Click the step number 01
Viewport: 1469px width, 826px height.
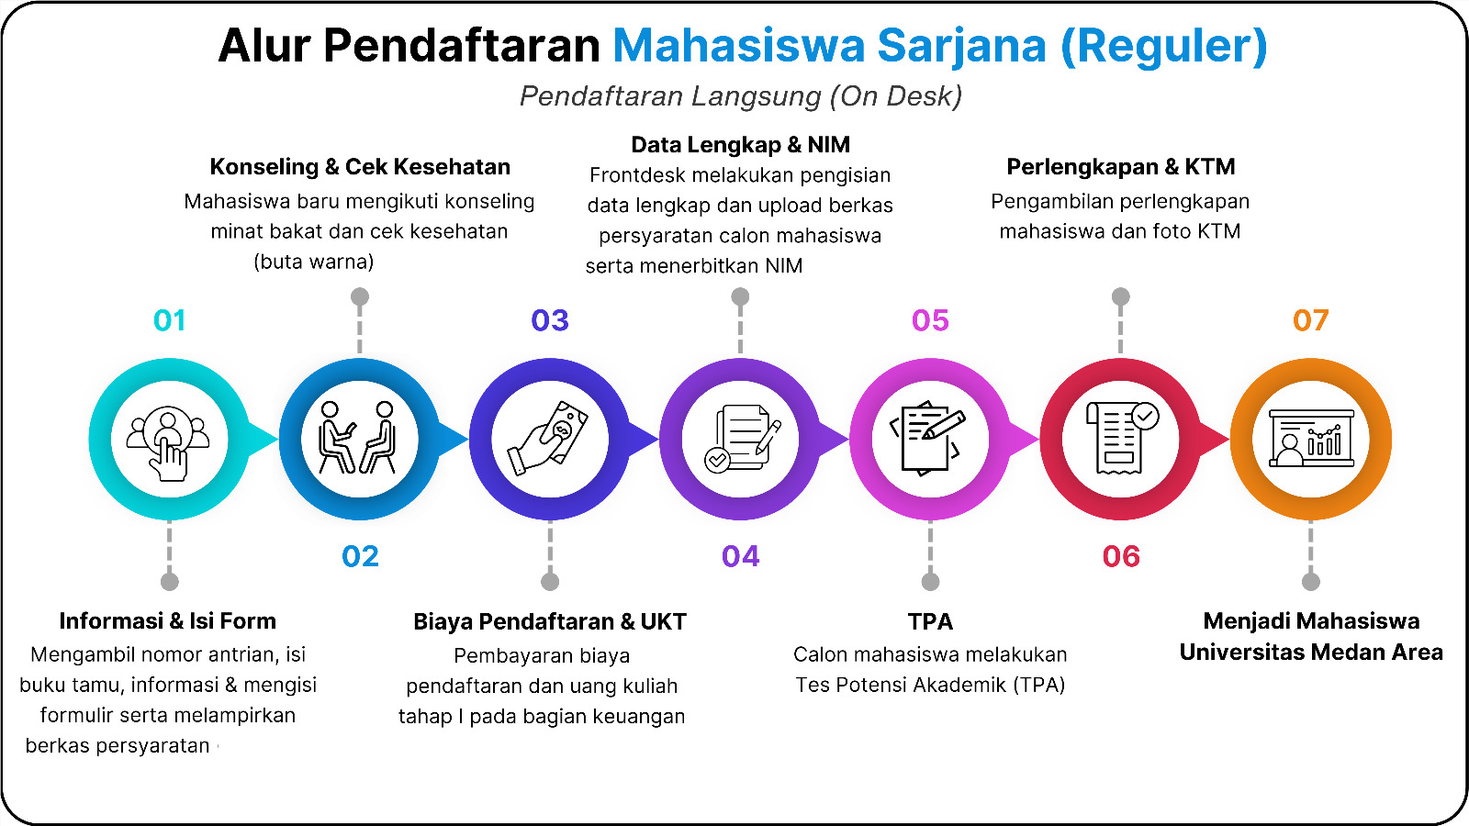coord(169,320)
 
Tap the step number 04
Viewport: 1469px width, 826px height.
coord(740,556)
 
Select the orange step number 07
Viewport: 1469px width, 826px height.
coord(1310,320)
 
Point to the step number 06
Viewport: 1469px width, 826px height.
coord(1121,556)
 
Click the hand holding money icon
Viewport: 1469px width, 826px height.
coord(549,438)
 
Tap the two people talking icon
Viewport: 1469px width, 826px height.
coord(358,437)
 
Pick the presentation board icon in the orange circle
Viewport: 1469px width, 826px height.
coord(1311,438)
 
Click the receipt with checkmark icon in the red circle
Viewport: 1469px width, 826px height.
coord(1122,438)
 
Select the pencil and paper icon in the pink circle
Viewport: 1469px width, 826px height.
coord(928,438)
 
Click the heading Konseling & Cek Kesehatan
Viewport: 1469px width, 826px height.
coord(360,167)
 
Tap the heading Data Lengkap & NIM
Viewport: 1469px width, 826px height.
coord(740,145)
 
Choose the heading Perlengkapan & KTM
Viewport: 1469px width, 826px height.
coord(1121,167)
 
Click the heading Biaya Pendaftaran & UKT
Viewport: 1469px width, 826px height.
coord(550,621)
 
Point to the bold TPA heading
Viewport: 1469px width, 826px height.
coord(930,621)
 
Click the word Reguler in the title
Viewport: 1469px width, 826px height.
coord(1164,46)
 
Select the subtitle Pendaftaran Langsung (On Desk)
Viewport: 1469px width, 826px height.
coord(740,96)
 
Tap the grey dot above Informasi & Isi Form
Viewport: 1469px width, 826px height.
coord(169,582)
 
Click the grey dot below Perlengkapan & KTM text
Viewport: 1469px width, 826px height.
coord(1121,297)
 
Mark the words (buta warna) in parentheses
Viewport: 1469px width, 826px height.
coord(313,262)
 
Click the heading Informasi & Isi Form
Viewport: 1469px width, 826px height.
coord(168,621)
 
